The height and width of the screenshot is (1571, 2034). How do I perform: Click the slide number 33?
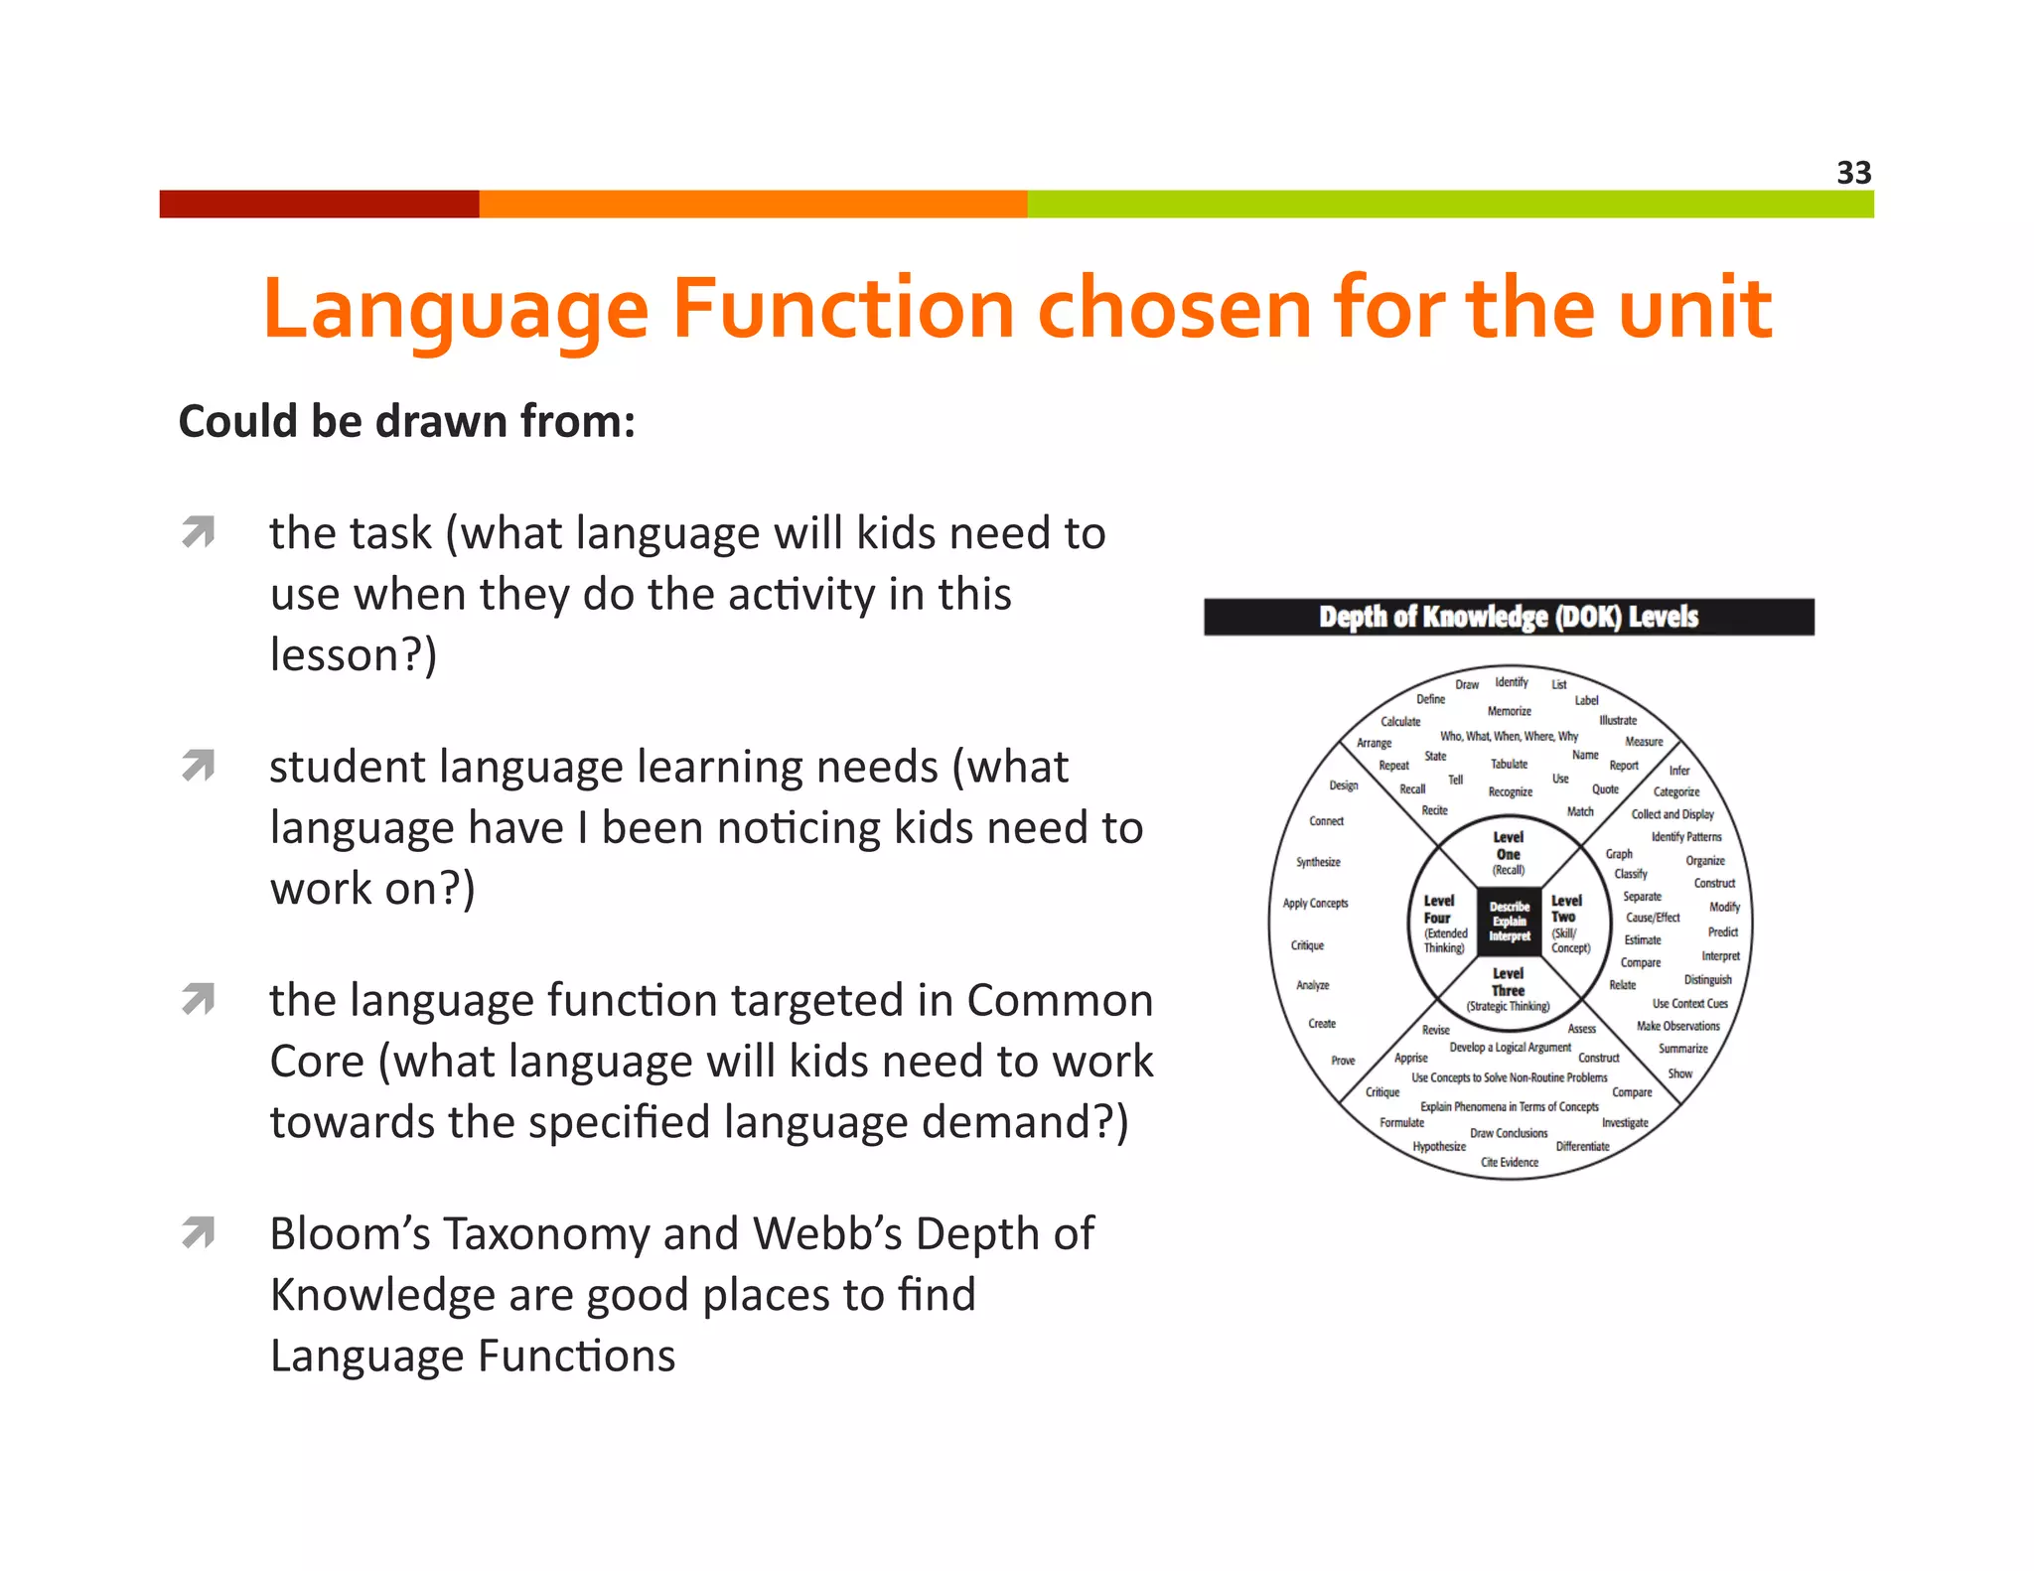pos(1853,173)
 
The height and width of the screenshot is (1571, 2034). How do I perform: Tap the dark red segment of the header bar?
pos(319,204)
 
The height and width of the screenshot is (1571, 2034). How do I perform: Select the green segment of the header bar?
pos(1450,204)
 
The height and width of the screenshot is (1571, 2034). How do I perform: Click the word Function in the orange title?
pos(843,309)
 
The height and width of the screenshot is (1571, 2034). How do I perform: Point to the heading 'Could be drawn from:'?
pos(406,421)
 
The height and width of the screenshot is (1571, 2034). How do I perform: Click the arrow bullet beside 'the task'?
pos(199,532)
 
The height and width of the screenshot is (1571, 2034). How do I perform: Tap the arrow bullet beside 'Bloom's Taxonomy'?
pos(199,1232)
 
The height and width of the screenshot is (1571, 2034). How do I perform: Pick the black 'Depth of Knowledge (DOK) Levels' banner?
pos(1508,617)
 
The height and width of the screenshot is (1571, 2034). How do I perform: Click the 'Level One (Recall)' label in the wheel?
pos(1508,853)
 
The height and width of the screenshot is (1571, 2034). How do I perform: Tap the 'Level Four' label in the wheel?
pos(1443,924)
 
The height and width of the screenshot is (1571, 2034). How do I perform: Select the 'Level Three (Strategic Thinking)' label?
pos(1508,989)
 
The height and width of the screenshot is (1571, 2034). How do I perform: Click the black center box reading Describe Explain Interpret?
pos(1509,922)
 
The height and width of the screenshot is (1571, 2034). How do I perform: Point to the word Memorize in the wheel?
pos(1509,711)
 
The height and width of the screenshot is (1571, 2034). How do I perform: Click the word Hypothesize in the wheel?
pos(1439,1146)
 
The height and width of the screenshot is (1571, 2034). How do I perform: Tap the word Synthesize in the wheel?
pos(1318,862)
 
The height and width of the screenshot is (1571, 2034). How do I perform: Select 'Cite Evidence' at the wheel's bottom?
pos(1509,1162)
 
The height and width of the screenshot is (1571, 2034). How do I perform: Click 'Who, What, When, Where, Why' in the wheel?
pos(1509,736)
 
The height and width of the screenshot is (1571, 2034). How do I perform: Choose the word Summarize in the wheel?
pos(1682,1049)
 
